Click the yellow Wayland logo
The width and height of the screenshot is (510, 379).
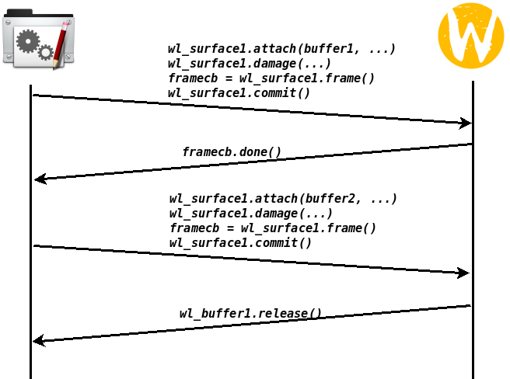[470, 36]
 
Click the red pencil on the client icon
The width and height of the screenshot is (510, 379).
[61, 45]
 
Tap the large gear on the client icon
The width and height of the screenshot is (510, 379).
[28, 41]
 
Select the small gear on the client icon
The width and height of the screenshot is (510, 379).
[46, 52]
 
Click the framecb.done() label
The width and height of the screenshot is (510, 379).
[232, 151]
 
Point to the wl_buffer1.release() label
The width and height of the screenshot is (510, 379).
[250, 313]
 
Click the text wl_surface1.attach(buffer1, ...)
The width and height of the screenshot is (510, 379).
[281, 49]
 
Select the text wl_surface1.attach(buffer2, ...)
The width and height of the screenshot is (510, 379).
[283, 199]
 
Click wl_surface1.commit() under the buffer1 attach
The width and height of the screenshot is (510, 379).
[239, 93]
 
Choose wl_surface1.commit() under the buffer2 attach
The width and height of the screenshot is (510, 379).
[240, 243]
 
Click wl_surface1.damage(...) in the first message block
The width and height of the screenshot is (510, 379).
[250, 64]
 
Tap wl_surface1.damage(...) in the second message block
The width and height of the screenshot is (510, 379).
[251, 214]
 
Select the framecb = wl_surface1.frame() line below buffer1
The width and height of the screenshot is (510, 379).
[271, 78]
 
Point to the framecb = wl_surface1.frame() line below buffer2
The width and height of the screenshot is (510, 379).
[273, 228]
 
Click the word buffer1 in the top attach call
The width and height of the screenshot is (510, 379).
[329, 49]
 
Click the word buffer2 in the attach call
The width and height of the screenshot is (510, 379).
[330, 199]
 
